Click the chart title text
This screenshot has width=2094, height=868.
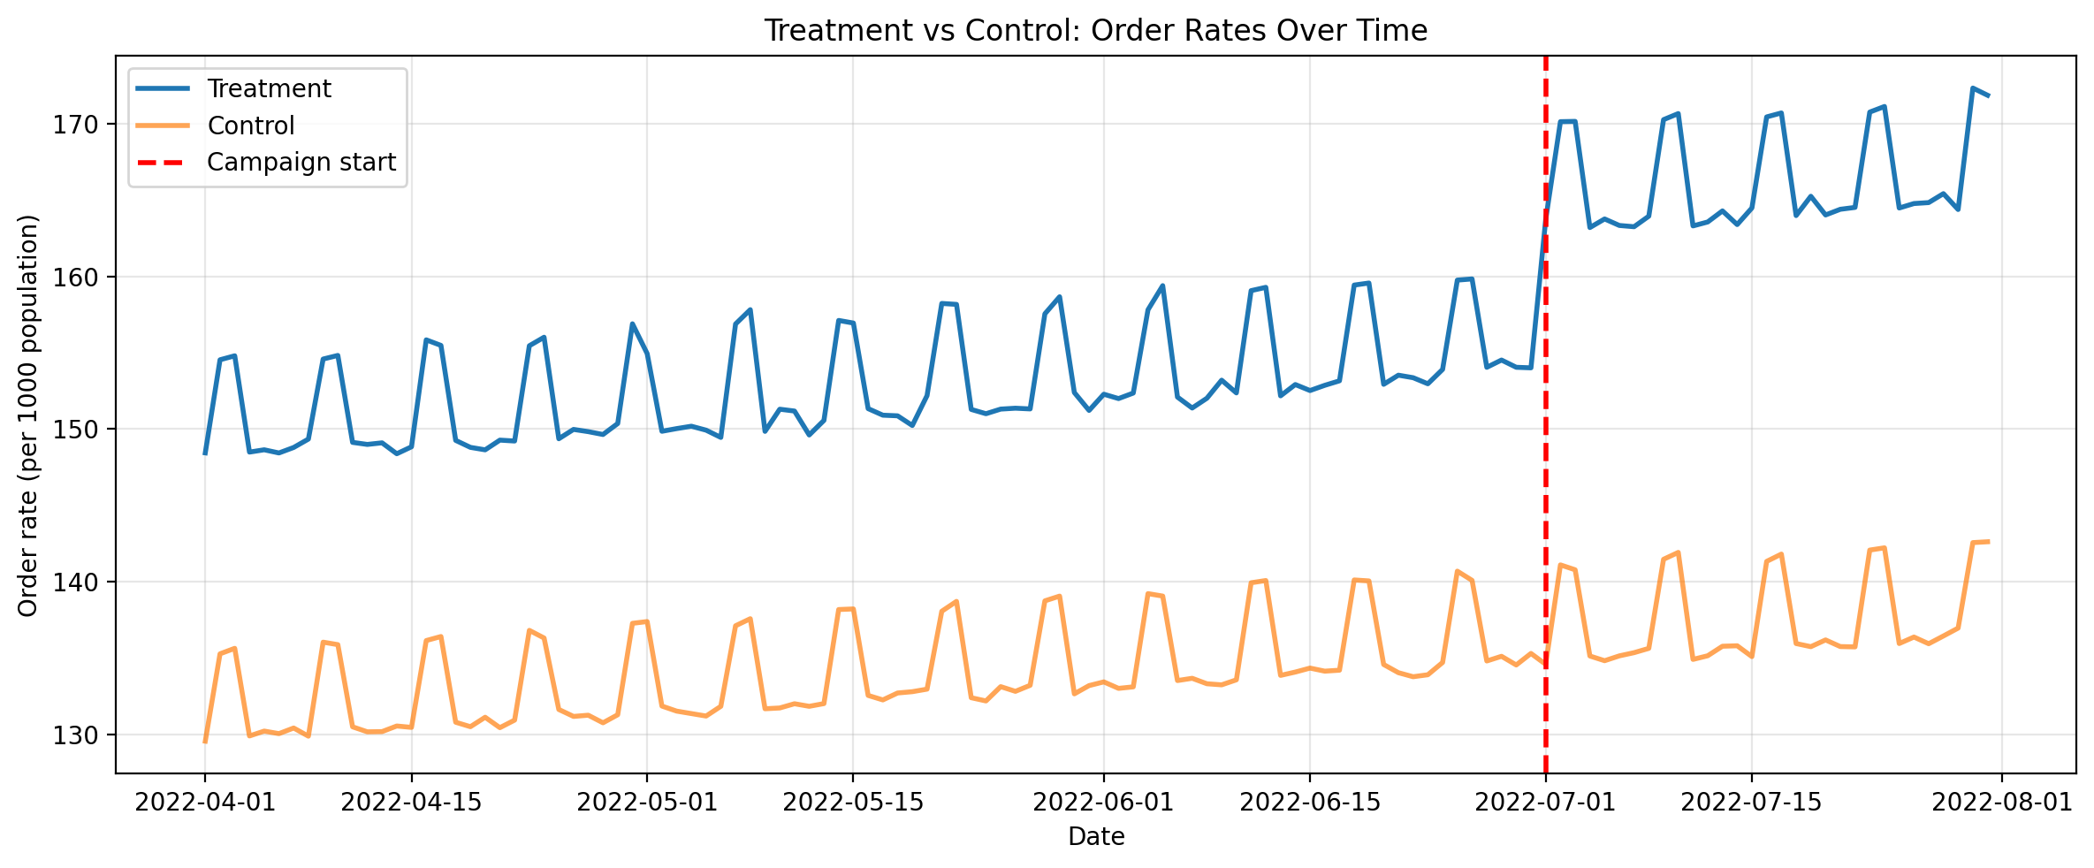click(1095, 31)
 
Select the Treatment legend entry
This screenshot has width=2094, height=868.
click(269, 89)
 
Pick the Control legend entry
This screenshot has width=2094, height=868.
click(251, 126)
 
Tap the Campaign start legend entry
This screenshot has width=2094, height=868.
click(301, 163)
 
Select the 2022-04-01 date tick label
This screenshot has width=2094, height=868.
click(205, 803)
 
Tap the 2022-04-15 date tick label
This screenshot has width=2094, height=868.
click(411, 803)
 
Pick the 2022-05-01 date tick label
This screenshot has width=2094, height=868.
click(647, 803)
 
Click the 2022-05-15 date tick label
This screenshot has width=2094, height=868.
click(853, 803)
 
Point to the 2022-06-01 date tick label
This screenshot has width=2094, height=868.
click(1103, 803)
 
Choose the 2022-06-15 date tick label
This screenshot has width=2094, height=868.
click(1310, 803)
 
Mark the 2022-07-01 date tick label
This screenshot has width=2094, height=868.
click(1545, 803)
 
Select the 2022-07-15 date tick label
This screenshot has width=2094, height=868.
click(1751, 803)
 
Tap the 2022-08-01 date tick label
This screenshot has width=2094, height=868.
click(2002, 803)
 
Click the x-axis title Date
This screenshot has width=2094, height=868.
click(1096, 837)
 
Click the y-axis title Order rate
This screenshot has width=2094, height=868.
click(28, 415)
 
